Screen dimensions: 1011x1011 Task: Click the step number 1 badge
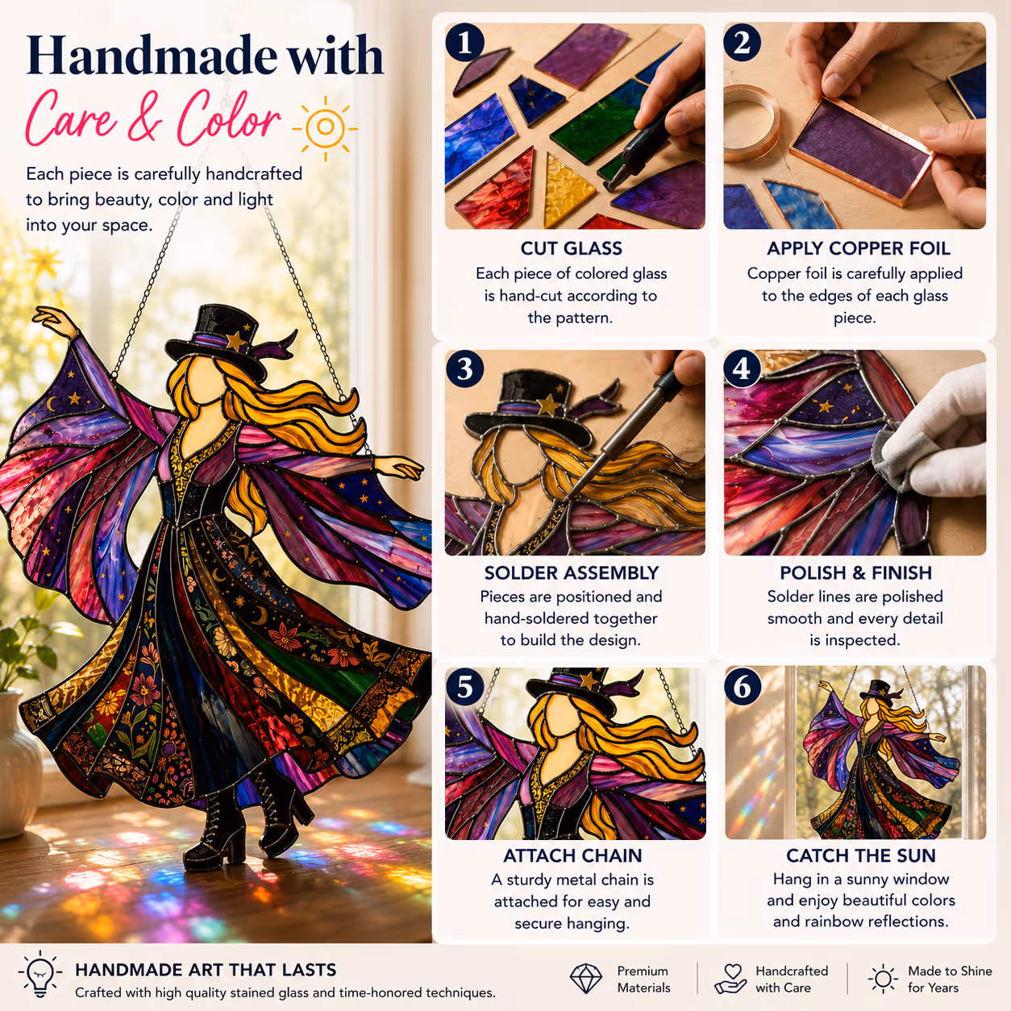(464, 43)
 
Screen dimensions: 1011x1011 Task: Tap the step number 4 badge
(742, 368)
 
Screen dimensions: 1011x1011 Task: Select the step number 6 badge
(743, 686)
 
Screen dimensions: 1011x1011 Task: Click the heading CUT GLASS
(571, 248)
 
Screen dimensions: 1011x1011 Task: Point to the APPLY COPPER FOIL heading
(859, 248)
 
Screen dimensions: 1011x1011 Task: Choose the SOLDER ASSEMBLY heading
(571, 572)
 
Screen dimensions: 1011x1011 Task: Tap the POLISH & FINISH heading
(855, 572)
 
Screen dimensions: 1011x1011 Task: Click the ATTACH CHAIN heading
(572, 855)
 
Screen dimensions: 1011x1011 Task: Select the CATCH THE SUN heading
(861, 855)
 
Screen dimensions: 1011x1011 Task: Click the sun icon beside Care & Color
(325, 127)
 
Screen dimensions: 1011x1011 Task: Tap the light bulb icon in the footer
(40, 972)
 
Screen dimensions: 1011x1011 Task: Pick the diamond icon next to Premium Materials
(585, 979)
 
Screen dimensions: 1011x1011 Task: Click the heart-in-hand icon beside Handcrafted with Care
(730, 979)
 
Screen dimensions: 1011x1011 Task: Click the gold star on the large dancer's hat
(235, 342)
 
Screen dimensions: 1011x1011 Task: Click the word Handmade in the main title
(152, 56)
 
